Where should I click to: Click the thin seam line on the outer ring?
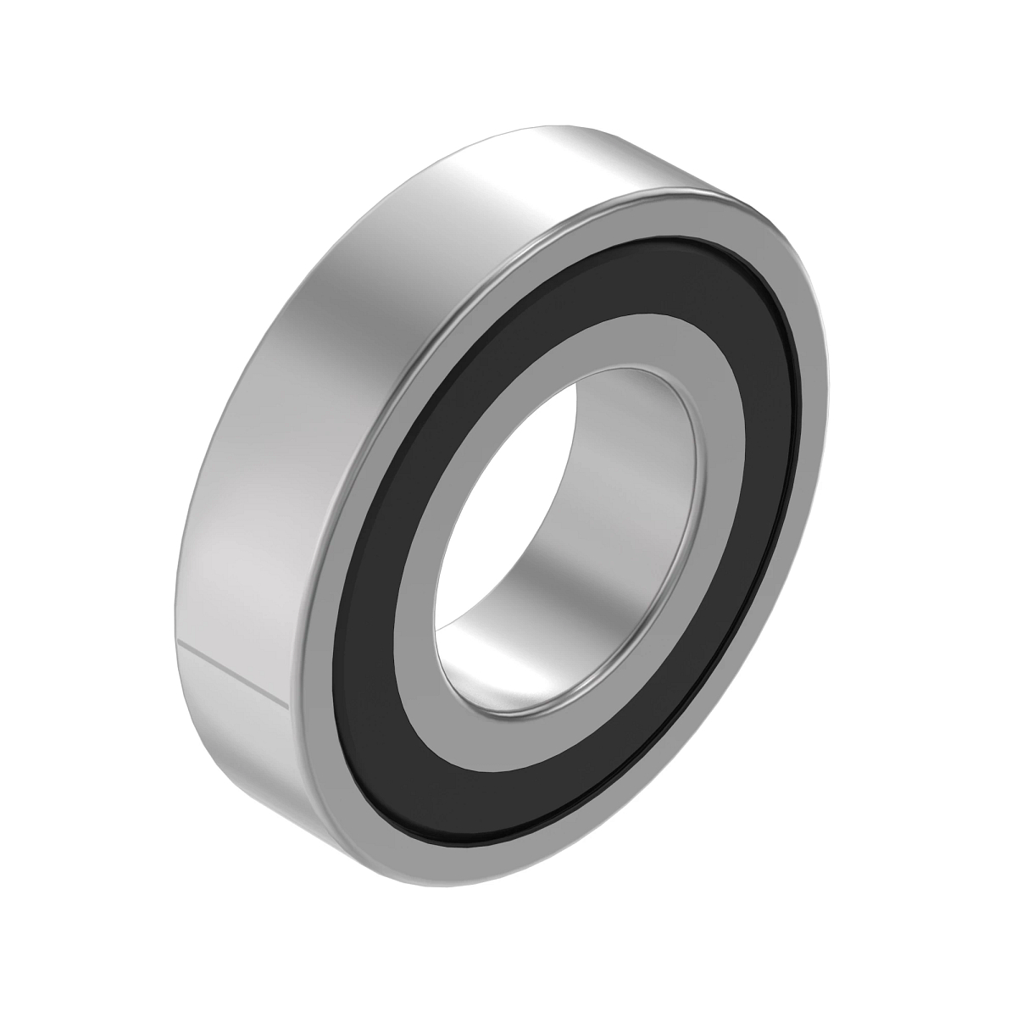click(x=233, y=674)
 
